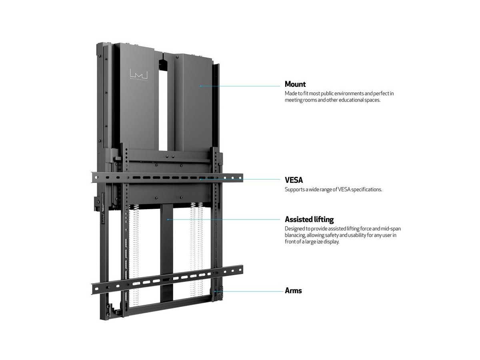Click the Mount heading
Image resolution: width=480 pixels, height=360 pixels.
point(295,84)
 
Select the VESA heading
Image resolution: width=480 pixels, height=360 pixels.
point(294,180)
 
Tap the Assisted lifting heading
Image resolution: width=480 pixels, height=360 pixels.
point(309,219)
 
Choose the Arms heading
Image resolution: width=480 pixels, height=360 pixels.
point(293,290)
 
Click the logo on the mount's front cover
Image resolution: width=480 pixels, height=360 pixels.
point(139,74)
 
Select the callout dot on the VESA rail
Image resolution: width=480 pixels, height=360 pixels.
point(200,180)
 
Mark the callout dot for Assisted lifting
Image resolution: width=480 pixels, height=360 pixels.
point(168,219)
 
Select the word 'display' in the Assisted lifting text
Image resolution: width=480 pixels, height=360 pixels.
point(330,242)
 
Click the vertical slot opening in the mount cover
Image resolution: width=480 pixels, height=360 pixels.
point(164,108)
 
